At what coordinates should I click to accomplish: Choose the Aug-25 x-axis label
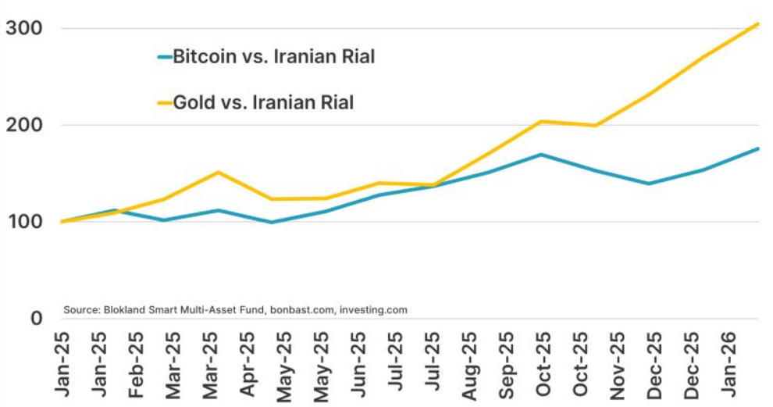point(469,366)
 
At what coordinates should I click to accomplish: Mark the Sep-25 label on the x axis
point(506,366)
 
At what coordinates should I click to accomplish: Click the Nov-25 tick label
point(616,366)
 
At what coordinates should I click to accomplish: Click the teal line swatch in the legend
point(164,57)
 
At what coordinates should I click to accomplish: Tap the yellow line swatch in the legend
point(164,102)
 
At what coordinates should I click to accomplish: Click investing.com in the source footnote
point(373,310)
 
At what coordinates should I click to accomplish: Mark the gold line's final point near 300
point(757,24)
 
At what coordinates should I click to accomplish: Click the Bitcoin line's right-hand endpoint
point(757,148)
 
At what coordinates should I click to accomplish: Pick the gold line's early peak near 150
point(219,172)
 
